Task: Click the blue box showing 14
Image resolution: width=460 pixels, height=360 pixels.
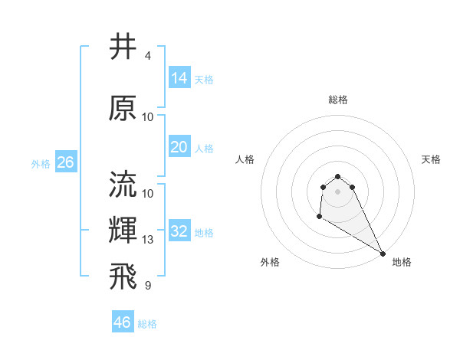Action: point(179,77)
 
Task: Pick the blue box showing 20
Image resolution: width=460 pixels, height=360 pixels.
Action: point(179,147)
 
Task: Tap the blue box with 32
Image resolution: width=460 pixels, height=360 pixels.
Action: point(179,231)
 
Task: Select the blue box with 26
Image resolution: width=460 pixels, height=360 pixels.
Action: point(65,162)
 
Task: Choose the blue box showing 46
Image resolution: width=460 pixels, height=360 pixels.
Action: point(122,322)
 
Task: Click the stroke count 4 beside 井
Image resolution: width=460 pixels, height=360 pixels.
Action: point(147,56)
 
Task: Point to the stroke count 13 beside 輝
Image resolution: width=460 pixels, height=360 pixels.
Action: point(148,240)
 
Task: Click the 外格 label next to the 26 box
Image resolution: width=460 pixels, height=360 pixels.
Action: point(41,163)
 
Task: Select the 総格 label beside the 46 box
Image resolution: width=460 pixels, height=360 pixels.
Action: point(147,324)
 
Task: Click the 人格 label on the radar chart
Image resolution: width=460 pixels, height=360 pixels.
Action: point(245,159)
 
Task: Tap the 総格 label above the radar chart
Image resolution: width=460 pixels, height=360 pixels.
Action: point(338,100)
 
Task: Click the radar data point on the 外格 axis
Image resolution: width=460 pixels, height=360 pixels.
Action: point(319,217)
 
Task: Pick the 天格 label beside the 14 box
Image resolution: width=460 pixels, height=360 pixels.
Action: point(204,79)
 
